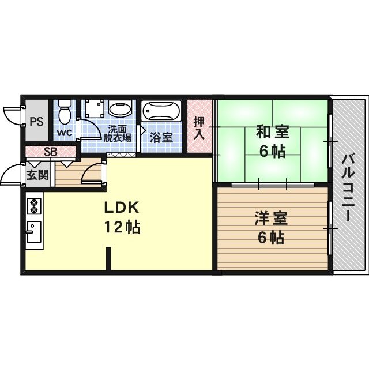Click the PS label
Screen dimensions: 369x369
click(x=36, y=122)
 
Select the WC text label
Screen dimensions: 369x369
click(x=64, y=133)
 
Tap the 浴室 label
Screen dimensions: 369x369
click(x=161, y=137)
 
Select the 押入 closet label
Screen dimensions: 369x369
click(x=199, y=127)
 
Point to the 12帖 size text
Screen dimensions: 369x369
click(x=122, y=227)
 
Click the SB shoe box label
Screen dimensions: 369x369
click(x=51, y=152)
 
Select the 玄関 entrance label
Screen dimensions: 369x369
click(x=37, y=175)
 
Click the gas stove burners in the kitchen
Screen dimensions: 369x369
click(x=34, y=206)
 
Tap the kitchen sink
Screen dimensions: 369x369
click(x=34, y=232)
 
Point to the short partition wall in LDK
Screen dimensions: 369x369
click(x=108, y=259)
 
